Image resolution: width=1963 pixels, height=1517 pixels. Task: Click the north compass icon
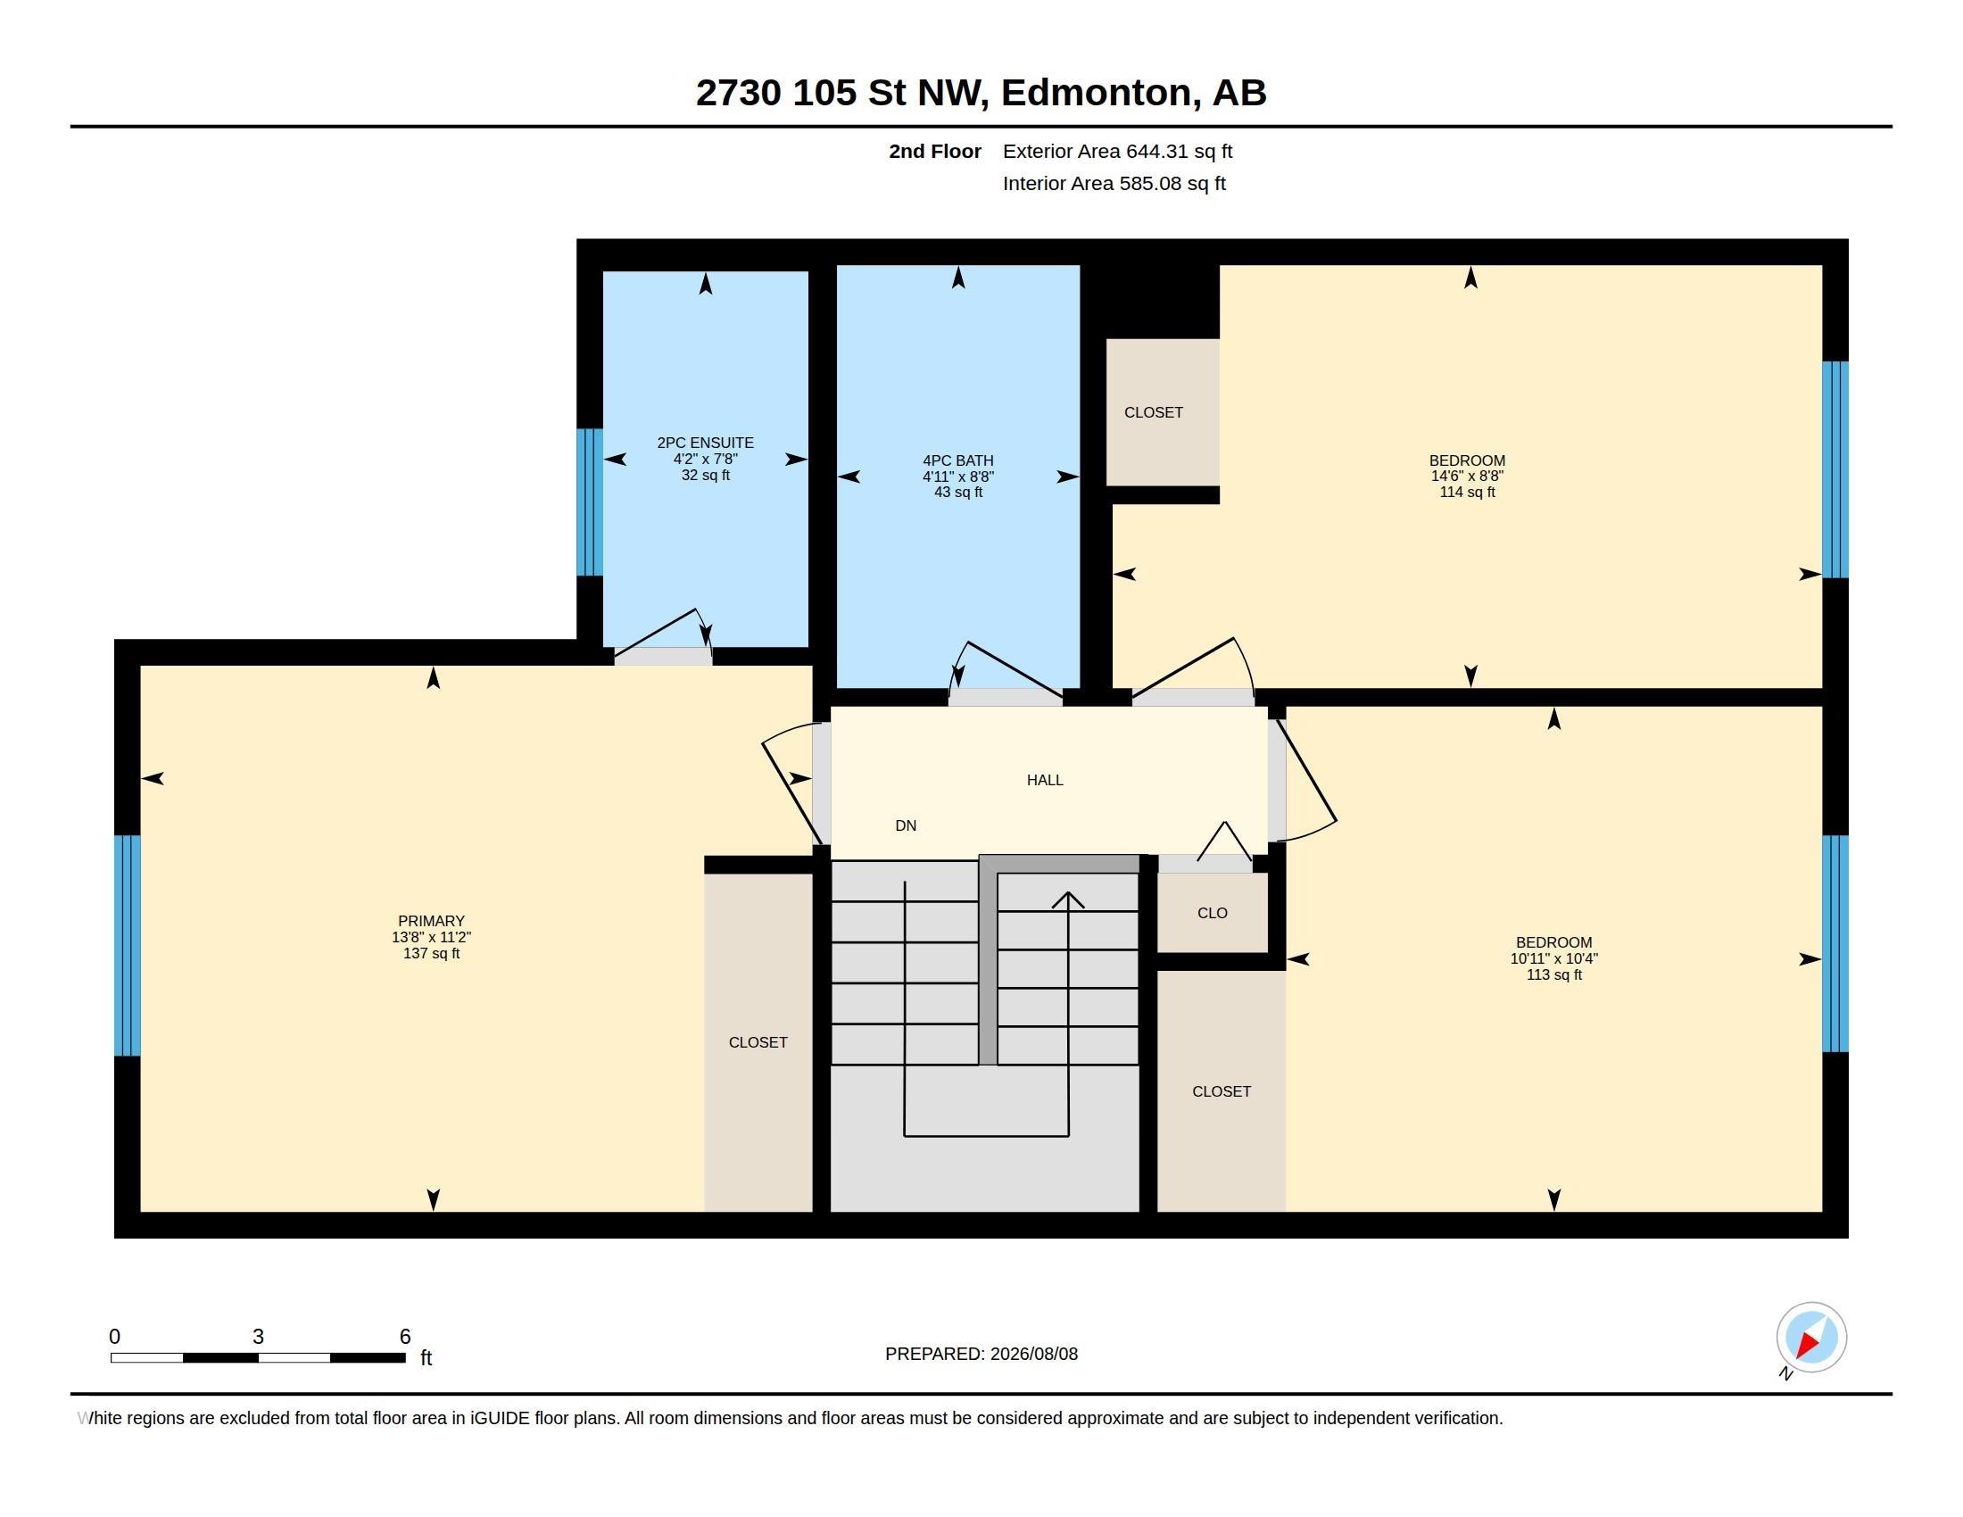(x=1810, y=1338)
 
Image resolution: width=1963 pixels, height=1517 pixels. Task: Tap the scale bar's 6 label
(x=404, y=1337)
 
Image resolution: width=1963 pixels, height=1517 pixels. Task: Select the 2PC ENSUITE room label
(x=706, y=442)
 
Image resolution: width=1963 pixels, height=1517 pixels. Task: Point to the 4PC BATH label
(x=958, y=460)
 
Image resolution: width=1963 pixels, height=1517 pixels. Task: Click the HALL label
(x=1045, y=780)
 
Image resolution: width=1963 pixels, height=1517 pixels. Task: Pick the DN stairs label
(x=906, y=826)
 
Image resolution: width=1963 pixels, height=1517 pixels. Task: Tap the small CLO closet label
(x=1213, y=913)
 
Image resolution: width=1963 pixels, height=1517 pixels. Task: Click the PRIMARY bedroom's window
(x=128, y=945)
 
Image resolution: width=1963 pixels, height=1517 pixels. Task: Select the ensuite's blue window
(x=590, y=502)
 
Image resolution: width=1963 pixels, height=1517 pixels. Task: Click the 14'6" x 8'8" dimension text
(x=1467, y=477)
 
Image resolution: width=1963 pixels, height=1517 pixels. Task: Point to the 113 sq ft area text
(x=1554, y=975)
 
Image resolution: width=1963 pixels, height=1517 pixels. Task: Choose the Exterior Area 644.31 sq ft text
(x=1117, y=151)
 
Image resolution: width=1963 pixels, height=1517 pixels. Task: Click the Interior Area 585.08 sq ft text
(x=1114, y=183)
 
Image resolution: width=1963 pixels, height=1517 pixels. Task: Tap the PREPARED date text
(x=981, y=1354)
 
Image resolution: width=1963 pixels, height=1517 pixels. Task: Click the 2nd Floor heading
(x=935, y=151)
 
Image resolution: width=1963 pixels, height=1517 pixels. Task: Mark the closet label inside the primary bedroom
(x=758, y=1042)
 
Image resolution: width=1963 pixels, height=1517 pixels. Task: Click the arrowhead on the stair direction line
(x=1068, y=899)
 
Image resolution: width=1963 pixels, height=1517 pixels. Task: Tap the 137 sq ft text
(x=432, y=954)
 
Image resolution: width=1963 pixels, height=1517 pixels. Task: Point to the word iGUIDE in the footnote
(x=499, y=1418)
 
